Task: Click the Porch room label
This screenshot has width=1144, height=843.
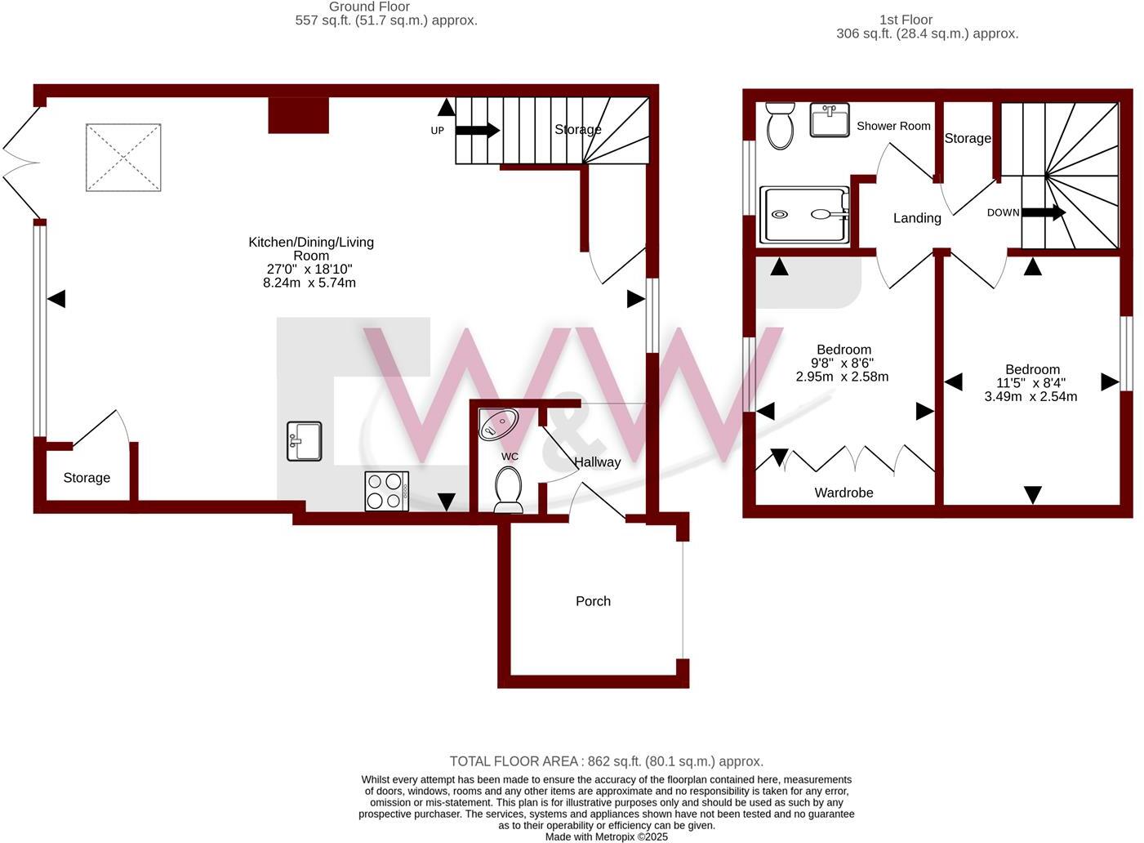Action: tap(593, 601)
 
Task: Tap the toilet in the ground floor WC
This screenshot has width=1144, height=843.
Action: tap(508, 489)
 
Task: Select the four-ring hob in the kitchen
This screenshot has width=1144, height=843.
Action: tap(386, 492)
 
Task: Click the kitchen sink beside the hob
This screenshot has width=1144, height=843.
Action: tap(304, 441)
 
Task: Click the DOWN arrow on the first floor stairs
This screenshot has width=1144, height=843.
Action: tap(1044, 212)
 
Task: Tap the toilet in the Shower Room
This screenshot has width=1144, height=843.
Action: tap(780, 126)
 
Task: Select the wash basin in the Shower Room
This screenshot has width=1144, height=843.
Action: tap(830, 120)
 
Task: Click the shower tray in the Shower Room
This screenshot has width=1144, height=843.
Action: tap(804, 215)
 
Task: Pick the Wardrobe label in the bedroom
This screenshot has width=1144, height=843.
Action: tap(844, 493)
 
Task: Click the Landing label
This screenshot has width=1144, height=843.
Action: tap(917, 218)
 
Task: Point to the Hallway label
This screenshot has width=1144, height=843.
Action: tap(597, 462)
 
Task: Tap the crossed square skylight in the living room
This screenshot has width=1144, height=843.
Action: tap(123, 157)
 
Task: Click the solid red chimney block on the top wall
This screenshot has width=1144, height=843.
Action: tap(299, 115)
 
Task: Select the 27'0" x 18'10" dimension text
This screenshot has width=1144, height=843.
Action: tap(309, 269)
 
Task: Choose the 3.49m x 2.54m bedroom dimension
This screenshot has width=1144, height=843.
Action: tap(1030, 397)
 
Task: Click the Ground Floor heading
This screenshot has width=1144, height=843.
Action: tap(369, 7)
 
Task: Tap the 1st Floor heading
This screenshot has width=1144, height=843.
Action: tap(906, 20)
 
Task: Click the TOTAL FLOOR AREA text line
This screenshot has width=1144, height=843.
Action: tap(606, 761)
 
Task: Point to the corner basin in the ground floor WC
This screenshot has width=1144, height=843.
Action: tap(498, 423)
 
